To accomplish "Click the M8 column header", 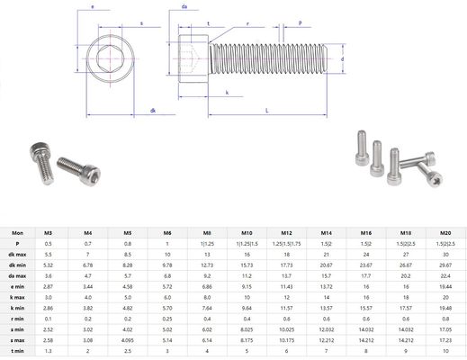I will click(x=208, y=233).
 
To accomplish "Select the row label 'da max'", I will click(x=17, y=274).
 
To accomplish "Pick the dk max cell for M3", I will click(x=48, y=254).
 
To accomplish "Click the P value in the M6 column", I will click(x=167, y=244).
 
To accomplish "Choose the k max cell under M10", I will click(x=247, y=296).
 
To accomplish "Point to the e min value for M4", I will click(x=88, y=285).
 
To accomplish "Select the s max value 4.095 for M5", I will click(x=128, y=339).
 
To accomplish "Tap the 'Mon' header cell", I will click(x=17, y=233).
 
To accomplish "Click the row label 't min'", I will click(x=17, y=351).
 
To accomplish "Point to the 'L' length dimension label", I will click(x=267, y=110).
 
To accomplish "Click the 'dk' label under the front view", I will click(x=154, y=111).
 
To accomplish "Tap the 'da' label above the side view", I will click(x=184, y=6).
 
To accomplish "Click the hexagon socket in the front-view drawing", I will click(x=109, y=58).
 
